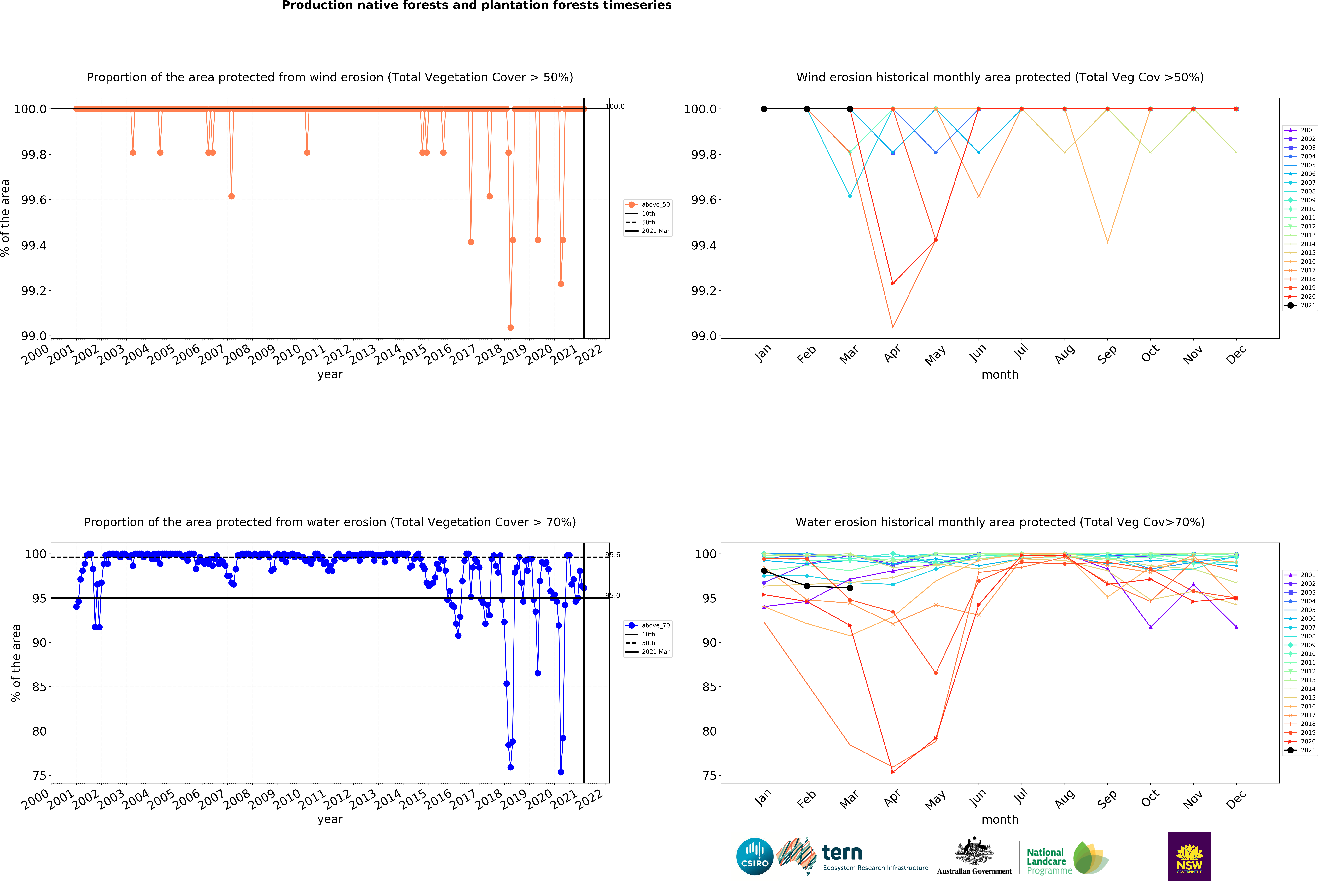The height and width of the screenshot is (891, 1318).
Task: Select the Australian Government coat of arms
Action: pyautogui.click(x=974, y=851)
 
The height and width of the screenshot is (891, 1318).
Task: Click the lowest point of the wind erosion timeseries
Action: pyautogui.click(x=510, y=327)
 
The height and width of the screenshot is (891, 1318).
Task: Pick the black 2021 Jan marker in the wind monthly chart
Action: pyautogui.click(x=764, y=109)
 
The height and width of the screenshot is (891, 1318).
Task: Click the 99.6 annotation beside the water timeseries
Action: pyautogui.click(x=613, y=555)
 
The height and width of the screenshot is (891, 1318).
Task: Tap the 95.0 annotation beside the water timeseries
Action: pyautogui.click(x=613, y=595)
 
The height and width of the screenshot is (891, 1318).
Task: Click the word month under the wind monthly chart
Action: pyautogui.click(x=1000, y=375)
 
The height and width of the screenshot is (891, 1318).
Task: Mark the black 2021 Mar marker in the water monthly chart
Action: pyautogui.click(x=850, y=588)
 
